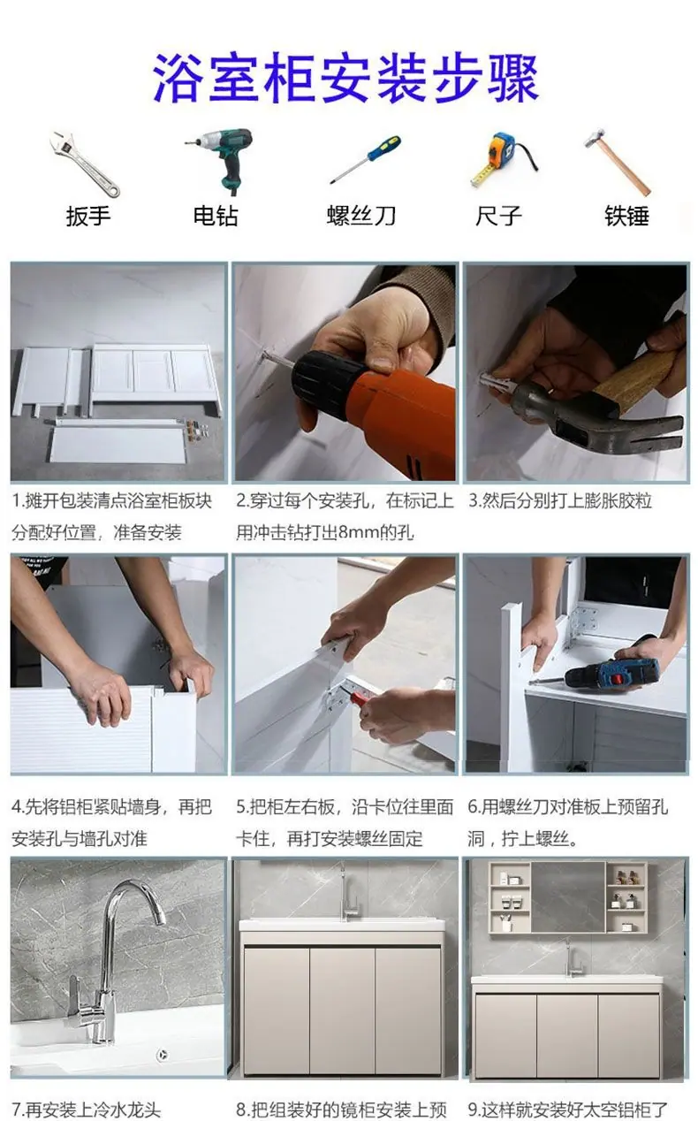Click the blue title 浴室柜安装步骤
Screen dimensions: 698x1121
coord(345,79)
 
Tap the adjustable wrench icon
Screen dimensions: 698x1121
coord(85,164)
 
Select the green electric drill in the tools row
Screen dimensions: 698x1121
coord(220,160)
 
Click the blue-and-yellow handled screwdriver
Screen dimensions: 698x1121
coord(365,160)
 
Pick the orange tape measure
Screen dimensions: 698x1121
coord(503,158)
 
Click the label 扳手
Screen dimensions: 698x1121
coord(88,217)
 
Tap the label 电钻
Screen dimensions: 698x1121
coord(216,216)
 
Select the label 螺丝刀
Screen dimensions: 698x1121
coord(361,216)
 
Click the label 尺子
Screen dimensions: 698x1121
coord(498,216)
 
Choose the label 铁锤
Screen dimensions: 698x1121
coord(627,217)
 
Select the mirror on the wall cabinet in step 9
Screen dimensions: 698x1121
coord(568,896)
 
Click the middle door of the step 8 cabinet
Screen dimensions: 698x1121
coord(343,1010)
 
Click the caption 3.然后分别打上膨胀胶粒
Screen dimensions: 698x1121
coord(560,500)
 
